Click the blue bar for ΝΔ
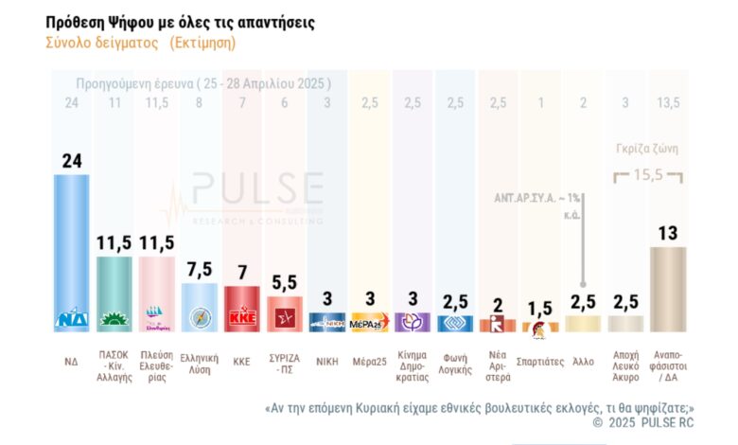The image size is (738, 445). coord(71,246)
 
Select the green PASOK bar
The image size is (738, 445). coord(114,289)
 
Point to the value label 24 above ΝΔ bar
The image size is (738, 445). coord(71,160)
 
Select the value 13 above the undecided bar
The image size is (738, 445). coord(667,232)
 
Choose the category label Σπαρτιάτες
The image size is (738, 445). coord(540,360)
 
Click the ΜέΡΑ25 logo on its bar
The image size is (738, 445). coord(368,323)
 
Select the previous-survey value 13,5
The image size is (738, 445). coord(667,102)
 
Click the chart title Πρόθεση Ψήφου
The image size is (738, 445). coord(181,21)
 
